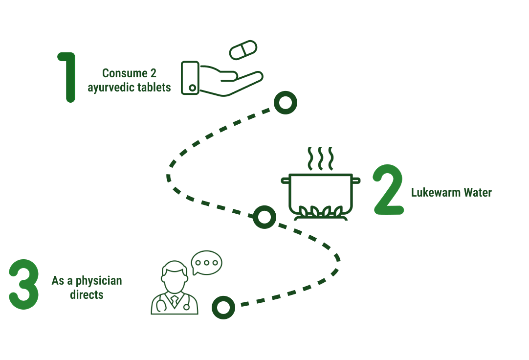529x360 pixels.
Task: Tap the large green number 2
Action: pos(388,191)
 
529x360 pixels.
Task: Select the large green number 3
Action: pos(23,285)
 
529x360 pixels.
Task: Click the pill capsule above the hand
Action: pos(243,50)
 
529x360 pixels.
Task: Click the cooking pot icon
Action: pos(320,193)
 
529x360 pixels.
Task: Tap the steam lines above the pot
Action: pos(320,157)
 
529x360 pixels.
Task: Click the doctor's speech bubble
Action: pos(206,262)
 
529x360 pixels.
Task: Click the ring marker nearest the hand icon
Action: pos(285,102)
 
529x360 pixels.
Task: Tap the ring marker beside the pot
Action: pos(264,217)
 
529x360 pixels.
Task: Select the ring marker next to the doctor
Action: pos(223,308)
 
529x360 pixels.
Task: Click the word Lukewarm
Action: pos(434,192)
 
